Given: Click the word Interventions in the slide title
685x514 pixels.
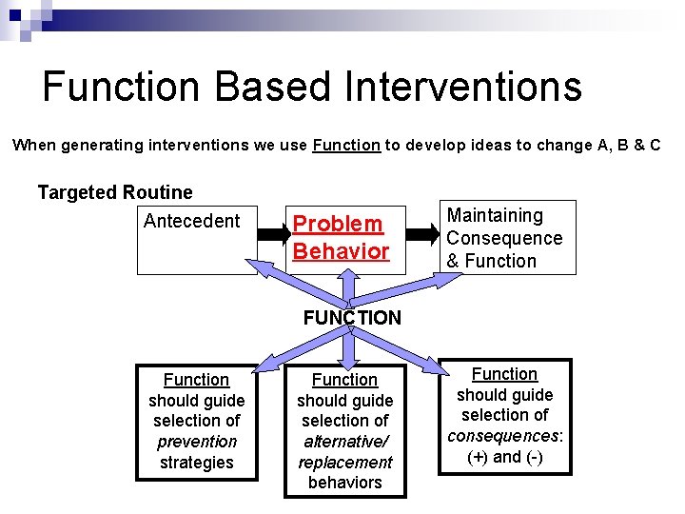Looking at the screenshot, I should pyautogui.click(x=463, y=87).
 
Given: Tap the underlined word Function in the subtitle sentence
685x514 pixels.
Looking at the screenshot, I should pyautogui.click(x=346, y=146).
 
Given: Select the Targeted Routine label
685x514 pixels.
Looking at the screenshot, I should pyautogui.click(x=115, y=193).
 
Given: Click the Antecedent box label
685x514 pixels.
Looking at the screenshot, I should pyautogui.click(x=191, y=221).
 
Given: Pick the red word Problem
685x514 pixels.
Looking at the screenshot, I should pyautogui.click(x=338, y=224).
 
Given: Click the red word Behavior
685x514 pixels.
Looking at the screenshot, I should pyautogui.click(x=341, y=251).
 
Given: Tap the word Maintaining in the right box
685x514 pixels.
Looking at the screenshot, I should pyautogui.click(x=495, y=216).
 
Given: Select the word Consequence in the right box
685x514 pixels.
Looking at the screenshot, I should pyautogui.click(x=504, y=238).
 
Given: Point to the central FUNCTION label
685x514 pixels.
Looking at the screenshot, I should pyautogui.click(x=352, y=318).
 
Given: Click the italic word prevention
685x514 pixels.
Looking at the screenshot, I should pyautogui.click(x=197, y=442).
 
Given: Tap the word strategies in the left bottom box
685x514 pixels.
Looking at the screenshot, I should pyautogui.click(x=197, y=463).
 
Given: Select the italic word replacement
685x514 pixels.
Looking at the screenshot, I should pyautogui.click(x=344, y=463).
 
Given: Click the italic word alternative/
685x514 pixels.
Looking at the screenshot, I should pyautogui.click(x=344, y=442).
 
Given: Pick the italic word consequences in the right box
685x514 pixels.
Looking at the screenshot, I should pyautogui.click(x=504, y=436).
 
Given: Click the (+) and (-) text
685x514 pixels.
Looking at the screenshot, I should pyautogui.click(x=504, y=457).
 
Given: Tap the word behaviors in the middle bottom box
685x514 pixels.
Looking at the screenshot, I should pyautogui.click(x=344, y=483).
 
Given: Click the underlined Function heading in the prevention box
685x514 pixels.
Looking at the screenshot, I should pyautogui.click(x=197, y=380).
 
